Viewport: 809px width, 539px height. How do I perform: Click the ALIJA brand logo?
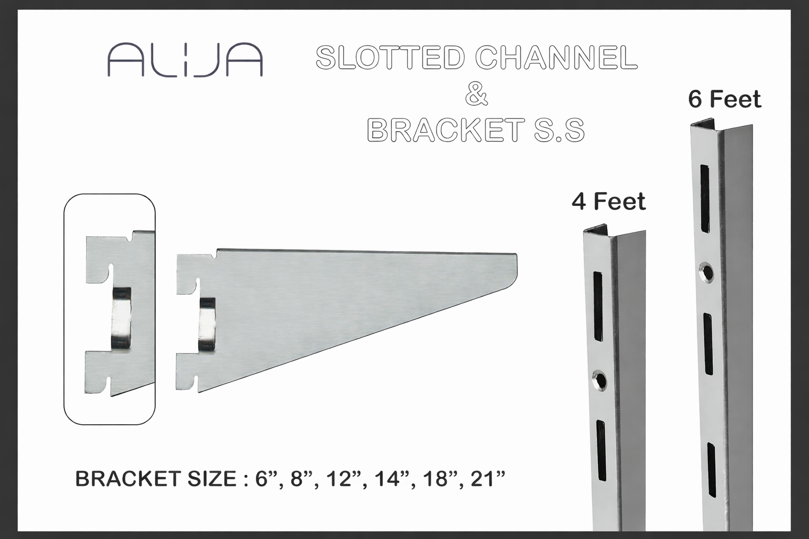tap(185, 59)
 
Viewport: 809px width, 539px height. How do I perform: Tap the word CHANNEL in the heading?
tap(557, 57)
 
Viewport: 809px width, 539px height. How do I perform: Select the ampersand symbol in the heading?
tap(476, 95)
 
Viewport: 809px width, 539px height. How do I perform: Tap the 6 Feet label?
tap(725, 99)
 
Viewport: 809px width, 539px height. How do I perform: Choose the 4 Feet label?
tap(608, 201)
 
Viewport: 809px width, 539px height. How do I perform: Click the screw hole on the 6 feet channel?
tap(706, 273)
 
